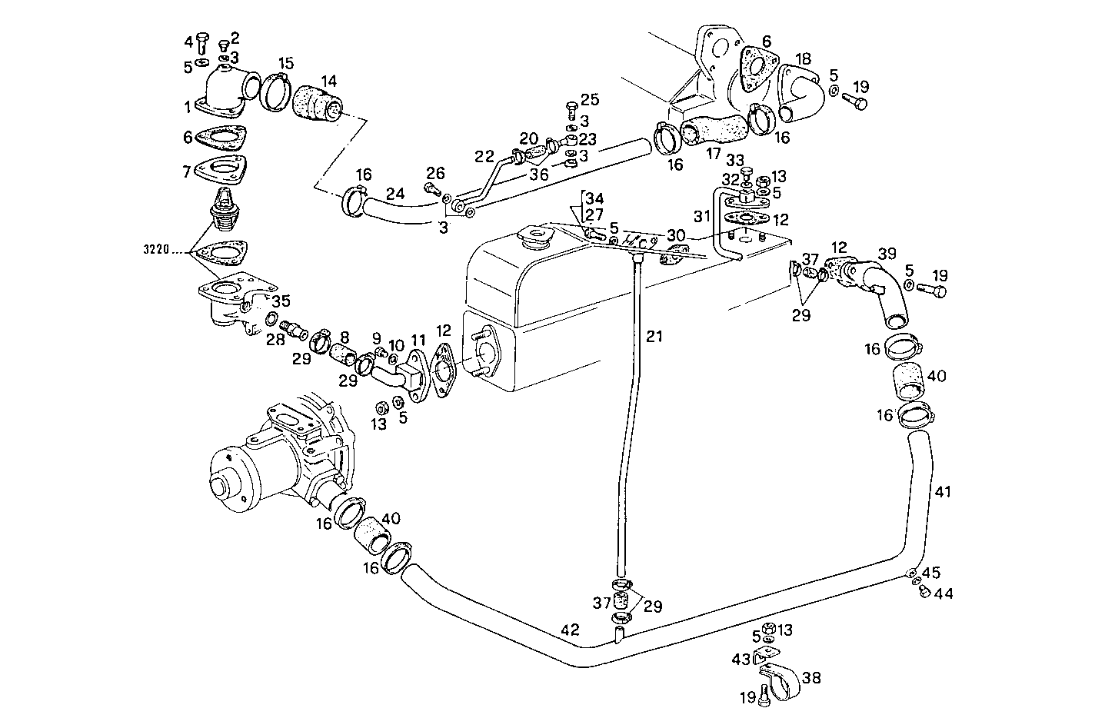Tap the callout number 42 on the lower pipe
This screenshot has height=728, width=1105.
570,630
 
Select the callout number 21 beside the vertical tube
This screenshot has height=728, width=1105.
654,336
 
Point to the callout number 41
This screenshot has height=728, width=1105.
944,491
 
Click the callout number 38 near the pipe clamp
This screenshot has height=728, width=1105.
811,677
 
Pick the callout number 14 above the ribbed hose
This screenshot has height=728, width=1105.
328,80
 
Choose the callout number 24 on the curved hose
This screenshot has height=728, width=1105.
395,194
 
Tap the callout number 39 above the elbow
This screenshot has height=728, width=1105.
887,254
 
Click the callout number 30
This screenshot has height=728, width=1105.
676,234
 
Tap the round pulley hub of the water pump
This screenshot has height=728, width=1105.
223,485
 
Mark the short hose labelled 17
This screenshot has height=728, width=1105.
712,128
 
